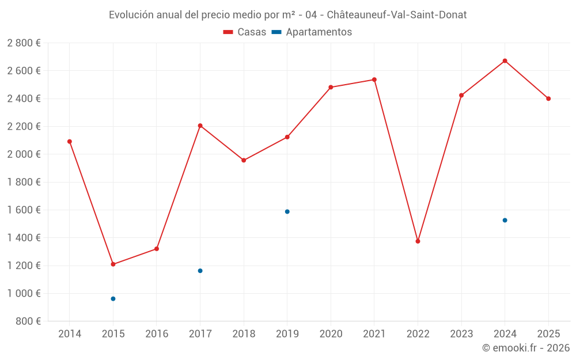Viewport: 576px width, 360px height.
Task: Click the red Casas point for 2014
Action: click(x=70, y=142)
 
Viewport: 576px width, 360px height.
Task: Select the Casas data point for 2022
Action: click(x=418, y=241)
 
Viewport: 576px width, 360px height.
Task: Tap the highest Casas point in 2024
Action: click(x=505, y=61)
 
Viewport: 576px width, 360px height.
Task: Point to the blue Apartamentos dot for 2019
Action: click(x=287, y=211)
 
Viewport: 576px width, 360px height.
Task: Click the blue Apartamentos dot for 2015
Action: click(x=113, y=299)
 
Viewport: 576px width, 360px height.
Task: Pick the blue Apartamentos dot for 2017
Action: click(x=200, y=271)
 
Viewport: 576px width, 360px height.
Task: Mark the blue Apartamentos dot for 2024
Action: click(x=505, y=220)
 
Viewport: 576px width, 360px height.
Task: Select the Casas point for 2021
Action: click(x=374, y=79)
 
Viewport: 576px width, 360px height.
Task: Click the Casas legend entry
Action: click(x=245, y=32)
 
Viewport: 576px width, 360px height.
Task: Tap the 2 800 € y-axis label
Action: click(x=24, y=43)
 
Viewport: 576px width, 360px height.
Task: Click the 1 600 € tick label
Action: click(x=24, y=210)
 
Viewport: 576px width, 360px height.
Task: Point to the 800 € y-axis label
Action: click(x=28, y=321)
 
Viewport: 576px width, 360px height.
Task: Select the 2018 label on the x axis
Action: click(x=244, y=334)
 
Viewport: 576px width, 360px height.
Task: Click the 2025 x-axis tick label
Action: click(x=548, y=334)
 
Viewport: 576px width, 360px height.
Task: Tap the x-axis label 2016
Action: click(x=157, y=334)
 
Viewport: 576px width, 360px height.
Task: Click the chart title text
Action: click(x=287, y=15)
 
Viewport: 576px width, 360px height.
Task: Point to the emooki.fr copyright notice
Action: click(x=525, y=348)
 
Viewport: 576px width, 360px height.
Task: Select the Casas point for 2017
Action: click(x=200, y=126)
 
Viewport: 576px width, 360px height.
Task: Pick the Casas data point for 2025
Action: click(x=548, y=98)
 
